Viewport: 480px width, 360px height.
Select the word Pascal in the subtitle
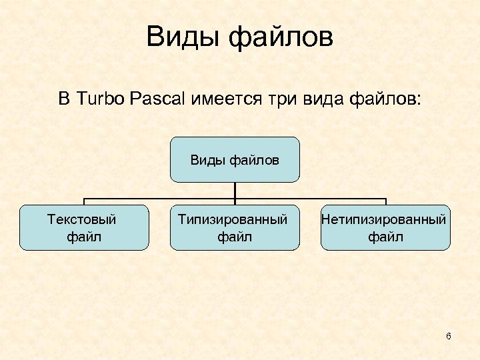pos(158,100)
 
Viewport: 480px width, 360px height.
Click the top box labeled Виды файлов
pos(235,160)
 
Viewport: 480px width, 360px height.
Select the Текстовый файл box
pos(84,227)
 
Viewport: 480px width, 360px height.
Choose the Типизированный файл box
pos(235,227)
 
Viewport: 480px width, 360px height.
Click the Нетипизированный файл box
pos(385,227)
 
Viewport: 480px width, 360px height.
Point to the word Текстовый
pos(83,219)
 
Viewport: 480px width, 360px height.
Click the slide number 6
pos(449,336)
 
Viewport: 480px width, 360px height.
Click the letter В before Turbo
pos(64,100)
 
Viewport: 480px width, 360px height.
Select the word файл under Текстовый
pos(84,236)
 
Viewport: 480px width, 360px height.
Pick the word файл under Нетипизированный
pos(385,236)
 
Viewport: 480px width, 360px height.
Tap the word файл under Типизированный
pos(235,236)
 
